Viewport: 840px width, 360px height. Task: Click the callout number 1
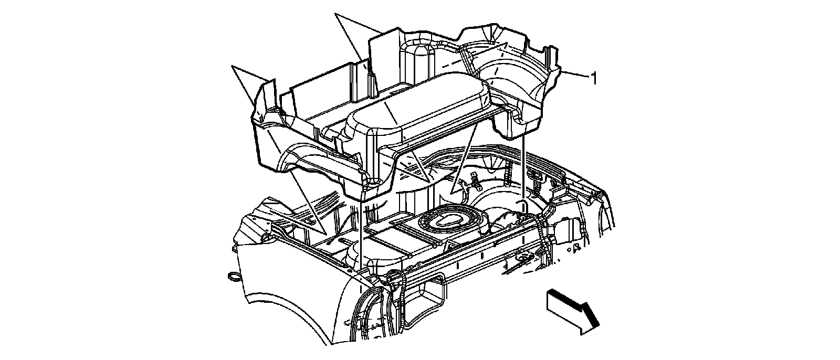click(x=594, y=79)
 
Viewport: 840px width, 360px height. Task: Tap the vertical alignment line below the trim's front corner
click(x=362, y=236)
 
